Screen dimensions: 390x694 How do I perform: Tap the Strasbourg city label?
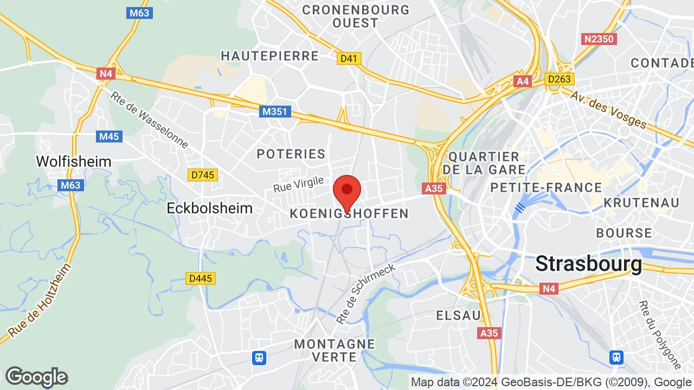point(588,264)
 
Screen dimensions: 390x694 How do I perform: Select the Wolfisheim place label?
point(74,161)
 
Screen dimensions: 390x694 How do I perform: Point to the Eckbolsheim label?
point(210,208)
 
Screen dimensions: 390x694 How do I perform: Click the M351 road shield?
point(275,112)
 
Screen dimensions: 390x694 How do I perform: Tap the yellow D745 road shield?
point(203,175)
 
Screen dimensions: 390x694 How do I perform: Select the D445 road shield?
point(201,278)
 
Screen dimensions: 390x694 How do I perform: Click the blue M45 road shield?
point(109,136)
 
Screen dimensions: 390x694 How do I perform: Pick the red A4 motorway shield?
point(523,81)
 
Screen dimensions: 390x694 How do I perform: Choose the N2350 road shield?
point(599,39)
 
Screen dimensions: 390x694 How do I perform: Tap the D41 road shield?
point(349,58)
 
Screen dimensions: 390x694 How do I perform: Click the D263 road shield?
point(560,79)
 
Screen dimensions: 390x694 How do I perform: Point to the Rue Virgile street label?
point(299,184)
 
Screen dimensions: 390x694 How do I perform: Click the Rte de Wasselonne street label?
point(149,120)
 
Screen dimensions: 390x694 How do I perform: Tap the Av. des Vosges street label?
point(608,109)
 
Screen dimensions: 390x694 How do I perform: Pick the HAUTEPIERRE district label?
point(270,56)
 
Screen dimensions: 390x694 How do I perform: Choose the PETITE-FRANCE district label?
point(546,188)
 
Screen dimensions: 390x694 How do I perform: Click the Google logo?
point(36,377)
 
